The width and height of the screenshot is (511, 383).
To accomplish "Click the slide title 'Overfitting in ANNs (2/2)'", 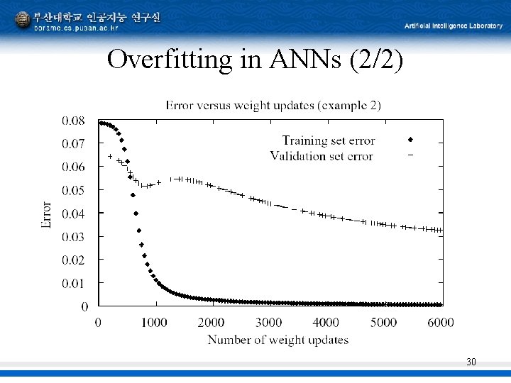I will (255, 60).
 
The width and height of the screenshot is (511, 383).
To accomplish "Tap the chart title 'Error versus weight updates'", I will (273, 106).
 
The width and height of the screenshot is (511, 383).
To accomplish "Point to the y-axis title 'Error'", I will (47, 213).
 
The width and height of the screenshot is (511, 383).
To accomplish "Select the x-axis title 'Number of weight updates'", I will (278, 340).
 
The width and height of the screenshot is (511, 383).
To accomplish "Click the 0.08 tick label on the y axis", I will (73, 121).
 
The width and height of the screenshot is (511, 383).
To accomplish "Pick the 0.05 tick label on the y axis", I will (73, 190).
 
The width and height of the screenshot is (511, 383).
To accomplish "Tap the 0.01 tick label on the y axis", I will (73, 283).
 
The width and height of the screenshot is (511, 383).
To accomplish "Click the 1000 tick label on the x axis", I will (154, 323).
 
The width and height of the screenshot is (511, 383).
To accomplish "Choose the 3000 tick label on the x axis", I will (268, 323).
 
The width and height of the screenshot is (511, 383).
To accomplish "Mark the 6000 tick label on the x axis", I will (440, 323).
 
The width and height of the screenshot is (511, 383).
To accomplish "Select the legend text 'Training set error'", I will (329, 140).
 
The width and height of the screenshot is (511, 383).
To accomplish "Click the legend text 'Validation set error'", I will (322, 156).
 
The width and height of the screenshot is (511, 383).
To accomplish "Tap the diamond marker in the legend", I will (410, 140).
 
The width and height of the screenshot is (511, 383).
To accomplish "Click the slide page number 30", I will (471, 362).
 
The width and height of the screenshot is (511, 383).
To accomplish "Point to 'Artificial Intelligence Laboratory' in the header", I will (453, 26).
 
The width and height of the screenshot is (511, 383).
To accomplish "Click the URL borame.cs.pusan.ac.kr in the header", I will (77, 28).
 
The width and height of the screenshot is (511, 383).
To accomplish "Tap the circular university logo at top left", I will (23, 19).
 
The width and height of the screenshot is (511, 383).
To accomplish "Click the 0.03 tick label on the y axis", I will (73, 236).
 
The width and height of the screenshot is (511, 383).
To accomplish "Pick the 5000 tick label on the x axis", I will (383, 323).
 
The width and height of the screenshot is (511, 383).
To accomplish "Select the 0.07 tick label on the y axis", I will (73, 143).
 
